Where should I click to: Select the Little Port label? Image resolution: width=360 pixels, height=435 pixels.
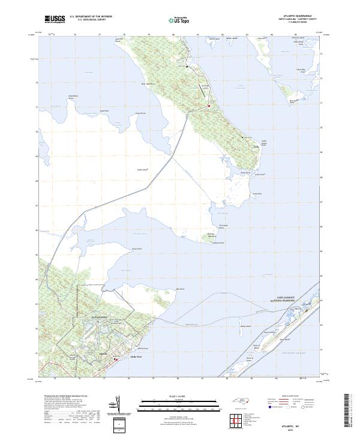pos(134,356)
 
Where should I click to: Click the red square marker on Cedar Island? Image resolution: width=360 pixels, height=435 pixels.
pos(208,106)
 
